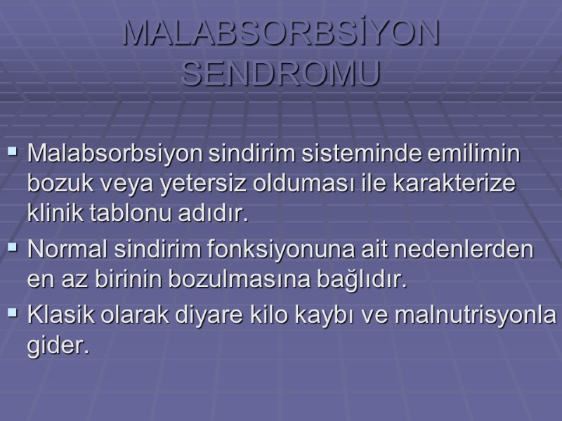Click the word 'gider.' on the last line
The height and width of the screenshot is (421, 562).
59,346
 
